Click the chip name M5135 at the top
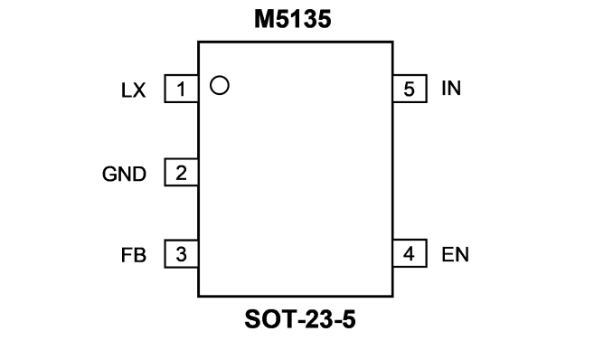tap(293, 19)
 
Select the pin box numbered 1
tap(182, 89)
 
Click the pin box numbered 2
tap(182, 172)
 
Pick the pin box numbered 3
tap(182, 254)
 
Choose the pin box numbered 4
tap(410, 253)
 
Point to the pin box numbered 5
tap(410, 89)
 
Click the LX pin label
tap(133, 90)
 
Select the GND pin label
tap(125, 175)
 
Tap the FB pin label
tap(134, 255)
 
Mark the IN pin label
tap(451, 88)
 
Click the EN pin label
tap(455, 254)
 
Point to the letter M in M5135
tap(264, 19)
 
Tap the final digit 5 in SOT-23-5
tap(349, 319)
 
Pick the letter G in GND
tap(110, 175)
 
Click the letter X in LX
tap(139, 90)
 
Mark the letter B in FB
tap(140, 255)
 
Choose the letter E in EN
tap(448, 254)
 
